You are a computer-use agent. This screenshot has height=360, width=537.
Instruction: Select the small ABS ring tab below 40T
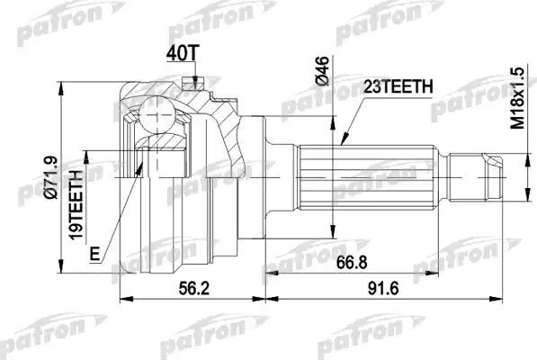(188, 85)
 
